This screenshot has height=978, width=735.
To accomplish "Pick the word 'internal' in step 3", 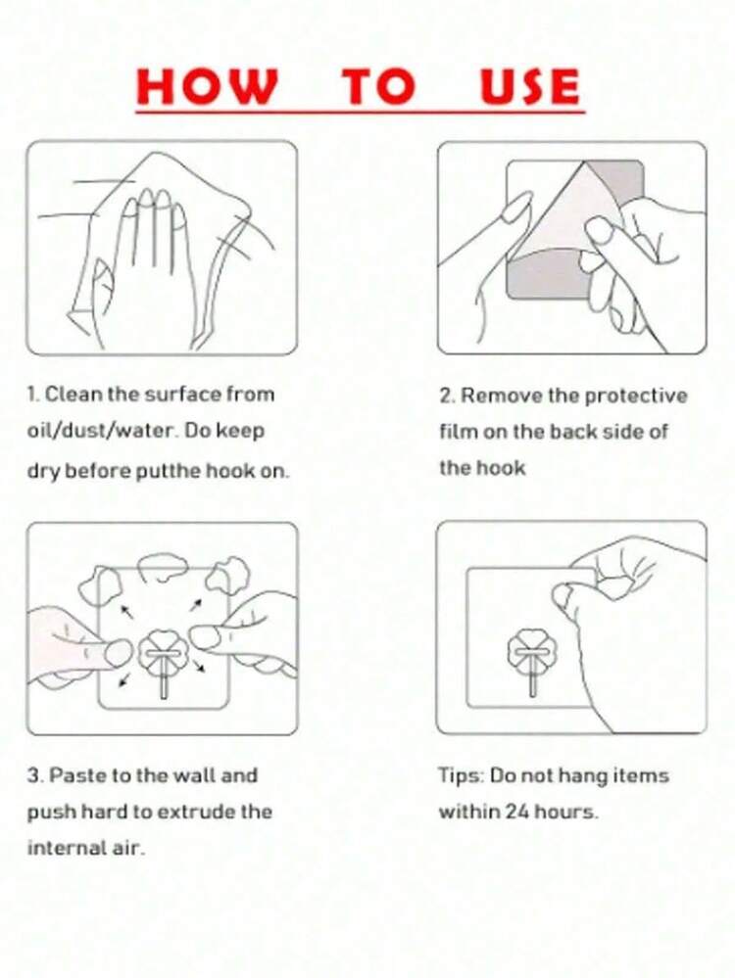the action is tap(67, 848).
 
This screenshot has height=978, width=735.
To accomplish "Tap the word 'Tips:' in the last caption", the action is tap(461, 776).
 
